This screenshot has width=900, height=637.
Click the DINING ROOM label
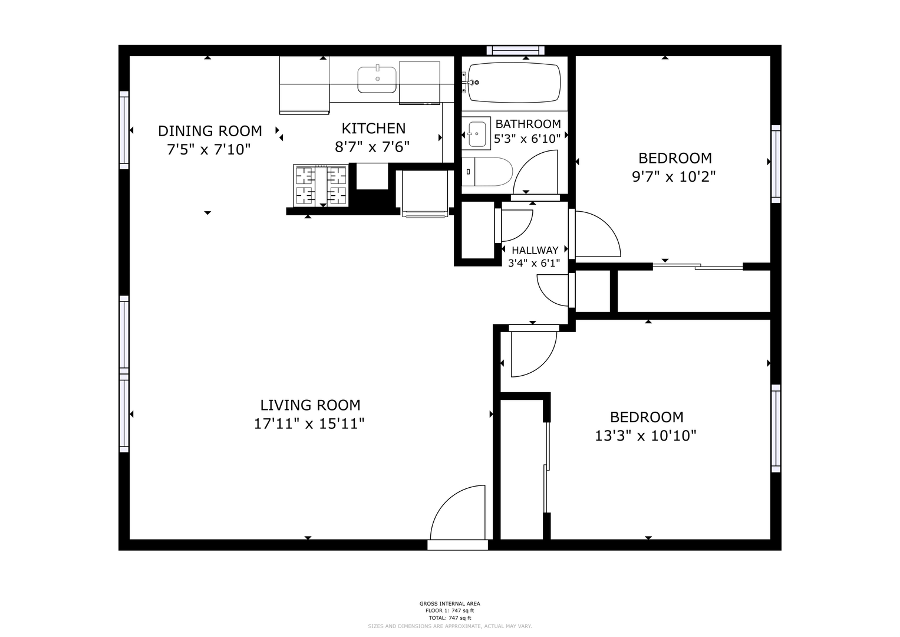pyautogui.click(x=210, y=131)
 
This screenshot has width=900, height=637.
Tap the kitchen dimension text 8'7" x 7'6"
pyautogui.click(x=372, y=147)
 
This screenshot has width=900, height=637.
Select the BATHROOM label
pyautogui.click(x=528, y=123)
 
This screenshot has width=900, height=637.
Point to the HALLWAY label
pyautogui.click(x=535, y=250)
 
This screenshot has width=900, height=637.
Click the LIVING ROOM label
pyautogui.click(x=310, y=405)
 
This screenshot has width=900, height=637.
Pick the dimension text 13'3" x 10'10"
pyautogui.click(x=645, y=435)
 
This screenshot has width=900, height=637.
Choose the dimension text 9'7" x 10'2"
pyautogui.click(x=674, y=176)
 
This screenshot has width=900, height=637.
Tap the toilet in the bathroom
pyautogui.click(x=487, y=172)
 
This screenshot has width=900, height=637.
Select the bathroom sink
pyautogui.click(x=476, y=133)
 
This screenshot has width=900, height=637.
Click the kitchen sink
pyautogui.click(x=377, y=80)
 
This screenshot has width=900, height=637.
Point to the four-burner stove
pyautogui.click(x=321, y=185)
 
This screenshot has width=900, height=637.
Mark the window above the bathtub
pyautogui.click(x=516, y=50)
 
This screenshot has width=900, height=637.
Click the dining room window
pyautogui.click(x=124, y=130)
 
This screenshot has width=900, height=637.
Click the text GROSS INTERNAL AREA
pyautogui.click(x=450, y=603)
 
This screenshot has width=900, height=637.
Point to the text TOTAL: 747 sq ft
pyautogui.click(x=450, y=618)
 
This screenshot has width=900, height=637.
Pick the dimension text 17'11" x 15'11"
pyautogui.click(x=309, y=424)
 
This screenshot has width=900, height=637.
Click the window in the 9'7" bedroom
pyautogui.click(x=776, y=164)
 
